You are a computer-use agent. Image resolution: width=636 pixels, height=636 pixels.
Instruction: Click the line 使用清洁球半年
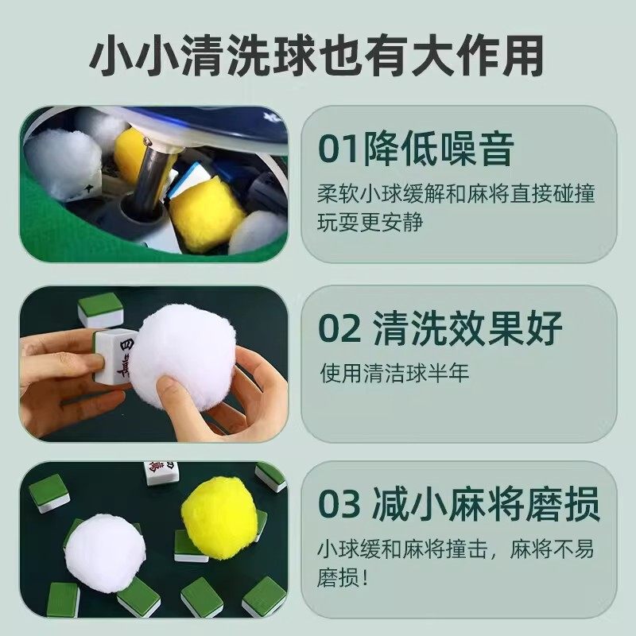pos(395,371)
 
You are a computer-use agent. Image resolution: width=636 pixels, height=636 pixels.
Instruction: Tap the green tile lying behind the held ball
pos(101,308)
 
